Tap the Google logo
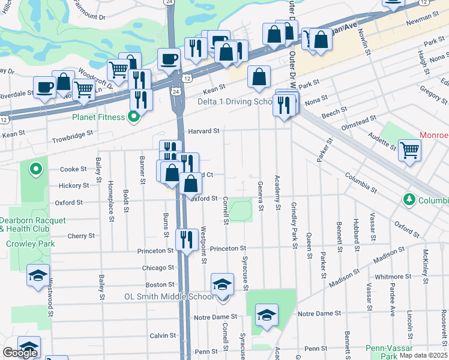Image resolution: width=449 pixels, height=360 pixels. (x=20, y=353)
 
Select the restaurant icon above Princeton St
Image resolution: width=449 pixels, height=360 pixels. (x=187, y=239)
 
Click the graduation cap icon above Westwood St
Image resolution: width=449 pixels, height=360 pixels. (x=38, y=275)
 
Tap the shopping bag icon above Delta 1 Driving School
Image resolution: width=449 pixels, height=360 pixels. (x=259, y=76)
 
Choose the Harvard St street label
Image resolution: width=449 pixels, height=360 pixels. (x=204, y=130)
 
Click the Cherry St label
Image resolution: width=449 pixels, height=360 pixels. (x=81, y=236)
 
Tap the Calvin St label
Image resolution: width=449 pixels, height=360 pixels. (x=162, y=335)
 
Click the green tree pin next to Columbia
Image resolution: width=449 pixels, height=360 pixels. (x=409, y=199)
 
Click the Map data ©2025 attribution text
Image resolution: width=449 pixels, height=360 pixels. (x=423, y=355)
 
